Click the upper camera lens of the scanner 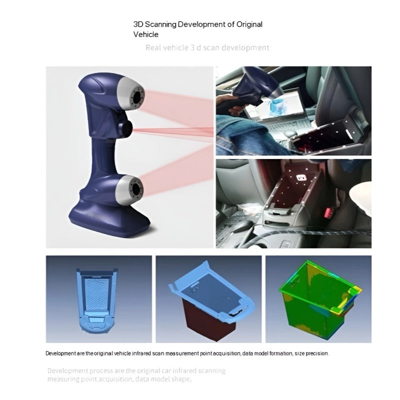137,97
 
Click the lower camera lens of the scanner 136,189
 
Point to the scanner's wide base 109,220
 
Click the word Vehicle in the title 145,34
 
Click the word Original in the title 249,24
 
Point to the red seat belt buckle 328,212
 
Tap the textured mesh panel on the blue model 96,294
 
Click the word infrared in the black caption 141,353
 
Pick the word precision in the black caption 317,353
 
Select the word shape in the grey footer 180,379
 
